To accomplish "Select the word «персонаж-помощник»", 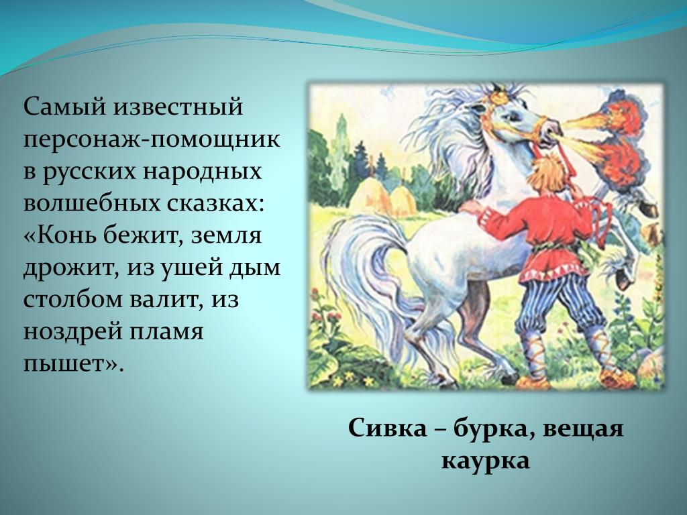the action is (x=152, y=140).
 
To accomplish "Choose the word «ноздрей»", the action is (x=72, y=332).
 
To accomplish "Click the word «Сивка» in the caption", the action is (x=387, y=428).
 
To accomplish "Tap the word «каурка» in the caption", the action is (x=486, y=461).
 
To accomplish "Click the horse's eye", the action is (x=511, y=117).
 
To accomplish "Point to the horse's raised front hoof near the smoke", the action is (x=648, y=209).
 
